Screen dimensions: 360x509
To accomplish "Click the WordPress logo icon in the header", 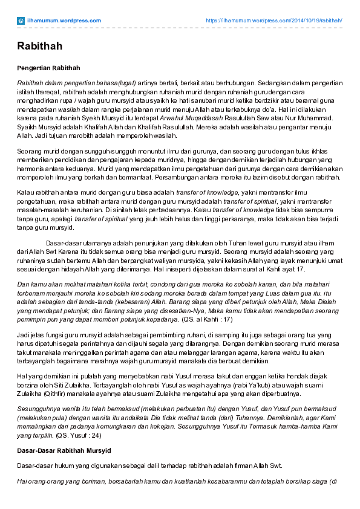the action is pyautogui.click(x=21, y=20).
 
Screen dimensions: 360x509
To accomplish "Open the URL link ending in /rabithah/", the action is pyautogui.click(x=274, y=20).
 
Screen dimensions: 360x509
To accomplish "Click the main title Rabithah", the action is pyautogui.click(x=39, y=46).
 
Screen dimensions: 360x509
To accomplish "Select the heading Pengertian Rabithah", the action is pyautogui.click(x=49, y=68).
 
